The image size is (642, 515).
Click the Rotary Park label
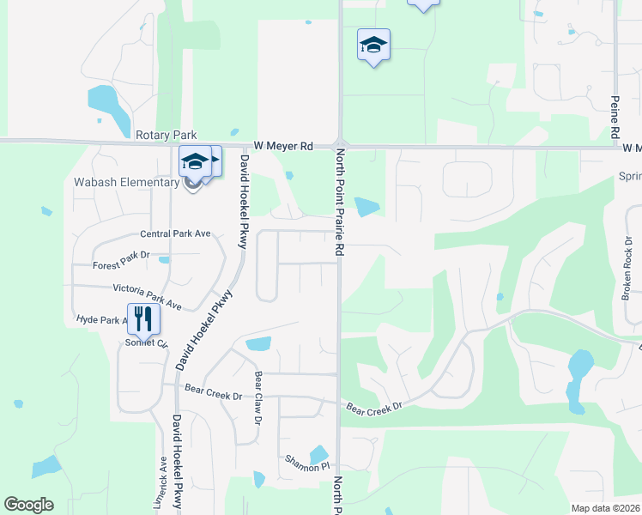(x=167, y=135)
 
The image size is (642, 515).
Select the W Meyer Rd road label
(x=283, y=147)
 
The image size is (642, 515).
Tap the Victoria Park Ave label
(x=148, y=296)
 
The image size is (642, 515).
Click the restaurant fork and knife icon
(x=143, y=319)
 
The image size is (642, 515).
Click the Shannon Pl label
(x=307, y=466)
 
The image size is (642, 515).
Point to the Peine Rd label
(x=615, y=118)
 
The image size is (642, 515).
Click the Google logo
(x=28, y=505)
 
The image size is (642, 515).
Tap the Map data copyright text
(x=606, y=508)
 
